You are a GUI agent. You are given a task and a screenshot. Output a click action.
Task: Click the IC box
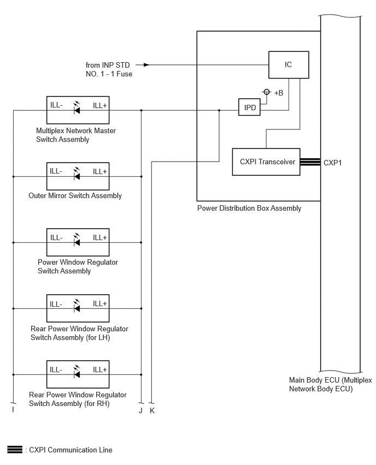click(289, 64)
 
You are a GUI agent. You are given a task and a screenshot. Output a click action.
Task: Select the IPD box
click(249, 107)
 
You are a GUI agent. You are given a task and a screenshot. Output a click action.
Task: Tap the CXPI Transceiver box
click(266, 162)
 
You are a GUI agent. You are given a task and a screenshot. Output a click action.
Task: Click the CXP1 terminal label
click(333, 163)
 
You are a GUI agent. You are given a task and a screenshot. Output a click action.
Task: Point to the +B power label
click(279, 93)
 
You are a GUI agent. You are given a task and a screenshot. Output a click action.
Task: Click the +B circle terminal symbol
click(267, 92)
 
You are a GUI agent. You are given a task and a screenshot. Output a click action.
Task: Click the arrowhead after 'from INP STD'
click(146, 64)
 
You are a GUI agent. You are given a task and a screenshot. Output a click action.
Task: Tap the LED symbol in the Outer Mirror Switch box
click(77, 174)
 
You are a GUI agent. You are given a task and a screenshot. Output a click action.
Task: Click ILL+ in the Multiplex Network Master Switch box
click(100, 105)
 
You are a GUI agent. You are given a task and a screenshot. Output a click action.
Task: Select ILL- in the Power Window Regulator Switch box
click(56, 237)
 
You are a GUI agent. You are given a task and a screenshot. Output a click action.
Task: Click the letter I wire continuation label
click(13, 409)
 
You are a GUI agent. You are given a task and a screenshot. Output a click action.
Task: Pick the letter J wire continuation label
click(141, 410)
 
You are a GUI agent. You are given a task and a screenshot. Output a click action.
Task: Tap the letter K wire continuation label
click(152, 410)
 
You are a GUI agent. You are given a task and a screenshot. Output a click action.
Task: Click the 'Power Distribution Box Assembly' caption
click(249, 208)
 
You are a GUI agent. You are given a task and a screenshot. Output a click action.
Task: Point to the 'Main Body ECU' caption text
click(331, 384)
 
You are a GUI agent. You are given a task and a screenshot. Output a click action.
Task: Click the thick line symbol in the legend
click(15, 450)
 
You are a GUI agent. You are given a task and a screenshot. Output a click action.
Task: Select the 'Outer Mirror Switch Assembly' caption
click(75, 196)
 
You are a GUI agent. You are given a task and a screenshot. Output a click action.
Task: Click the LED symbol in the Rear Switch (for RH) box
click(77, 372)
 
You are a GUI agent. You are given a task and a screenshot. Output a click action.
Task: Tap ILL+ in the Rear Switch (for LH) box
click(100, 303)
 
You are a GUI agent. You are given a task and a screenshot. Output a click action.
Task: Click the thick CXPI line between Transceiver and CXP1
click(310, 162)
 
